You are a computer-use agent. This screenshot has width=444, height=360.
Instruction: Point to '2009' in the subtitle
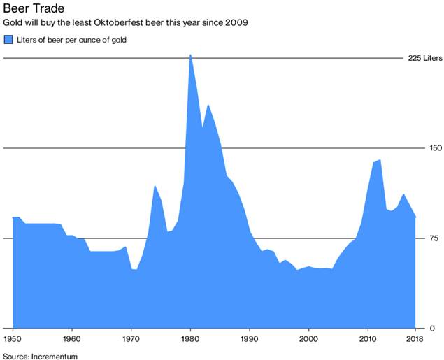point(236,23)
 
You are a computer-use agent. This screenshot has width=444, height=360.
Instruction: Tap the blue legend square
point(8,40)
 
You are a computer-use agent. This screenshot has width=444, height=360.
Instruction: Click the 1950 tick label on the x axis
point(13,339)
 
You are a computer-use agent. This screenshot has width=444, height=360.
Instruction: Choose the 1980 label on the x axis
point(190,339)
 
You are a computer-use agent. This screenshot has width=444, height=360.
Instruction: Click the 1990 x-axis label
point(250,339)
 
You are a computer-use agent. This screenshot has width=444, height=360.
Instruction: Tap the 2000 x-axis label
point(308,339)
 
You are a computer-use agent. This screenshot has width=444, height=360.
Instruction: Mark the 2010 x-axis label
point(368,339)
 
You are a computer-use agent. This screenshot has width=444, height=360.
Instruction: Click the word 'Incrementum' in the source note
point(55,356)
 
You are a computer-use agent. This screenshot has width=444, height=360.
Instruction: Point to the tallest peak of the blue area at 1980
point(190,55)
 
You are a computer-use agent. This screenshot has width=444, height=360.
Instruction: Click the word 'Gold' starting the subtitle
point(13,23)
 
